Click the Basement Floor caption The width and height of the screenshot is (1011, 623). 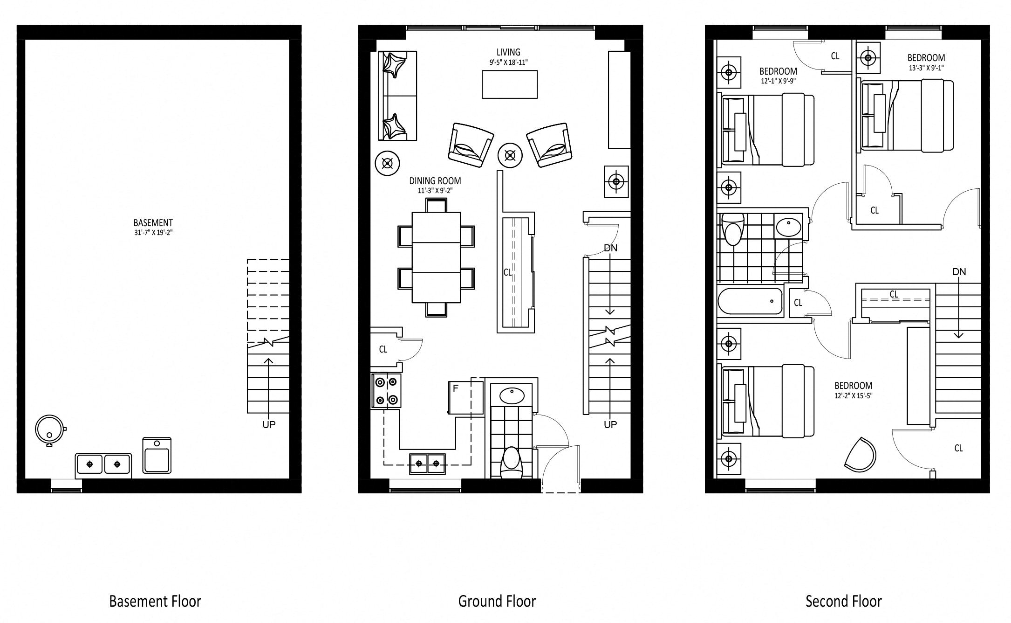point(155,602)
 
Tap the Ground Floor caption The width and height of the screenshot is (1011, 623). point(497,602)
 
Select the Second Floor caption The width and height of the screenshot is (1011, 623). point(844,602)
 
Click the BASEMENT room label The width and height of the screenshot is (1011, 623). point(153,223)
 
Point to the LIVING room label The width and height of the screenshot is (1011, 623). point(508,52)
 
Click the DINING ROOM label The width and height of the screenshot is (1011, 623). point(435,181)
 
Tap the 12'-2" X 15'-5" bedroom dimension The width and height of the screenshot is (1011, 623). point(854,396)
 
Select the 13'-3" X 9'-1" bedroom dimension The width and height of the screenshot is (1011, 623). point(926,68)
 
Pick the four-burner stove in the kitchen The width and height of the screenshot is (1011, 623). point(386,391)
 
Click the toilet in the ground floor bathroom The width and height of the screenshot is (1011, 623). point(511,463)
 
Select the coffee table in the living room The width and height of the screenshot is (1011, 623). point(510,84)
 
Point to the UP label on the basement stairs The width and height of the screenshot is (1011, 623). point(269,424)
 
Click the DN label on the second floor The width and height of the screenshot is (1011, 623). point(959,272)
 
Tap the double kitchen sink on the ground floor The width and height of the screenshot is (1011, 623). point(427,464)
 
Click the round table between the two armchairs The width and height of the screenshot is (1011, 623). point(510,155)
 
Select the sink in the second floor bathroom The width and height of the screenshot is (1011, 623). point(789,227)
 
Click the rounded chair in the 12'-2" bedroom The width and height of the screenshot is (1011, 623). point(861,454)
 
